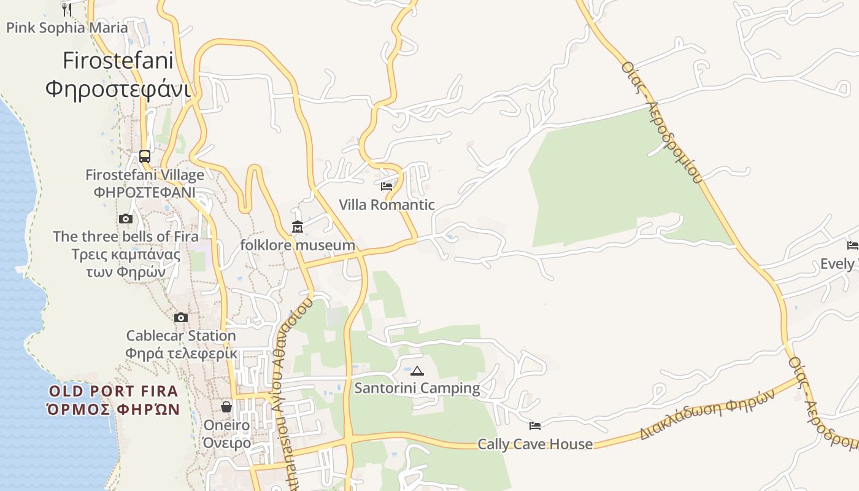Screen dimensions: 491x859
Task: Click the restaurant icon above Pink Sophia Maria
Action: (x=67, y=9)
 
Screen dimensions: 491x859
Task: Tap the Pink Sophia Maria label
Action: (x=67, y=28)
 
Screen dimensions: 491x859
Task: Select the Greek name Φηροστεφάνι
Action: (x=118, y=89)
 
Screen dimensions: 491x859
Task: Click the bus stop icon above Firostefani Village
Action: (x=145, y=157)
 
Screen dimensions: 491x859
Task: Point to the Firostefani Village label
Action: (x=145, y=175)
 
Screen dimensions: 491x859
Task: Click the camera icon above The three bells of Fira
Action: (x=126, y=218)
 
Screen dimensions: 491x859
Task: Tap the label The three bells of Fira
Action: (x=126, y=236)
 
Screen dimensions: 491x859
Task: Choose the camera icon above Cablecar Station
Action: (x=181, y=317)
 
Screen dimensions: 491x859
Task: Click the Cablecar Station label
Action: (x=181, y=336)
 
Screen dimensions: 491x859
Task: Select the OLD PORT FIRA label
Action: (x=114, y=391)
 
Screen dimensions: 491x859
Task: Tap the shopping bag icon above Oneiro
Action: (x=226, y=407)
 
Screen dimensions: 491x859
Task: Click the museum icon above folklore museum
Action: (x=298, y=227)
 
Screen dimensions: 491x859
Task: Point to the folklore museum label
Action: (x=298, y=245)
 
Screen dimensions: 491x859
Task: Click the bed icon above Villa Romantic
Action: (x=387, y=186)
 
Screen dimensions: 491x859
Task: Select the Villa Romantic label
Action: (x=387, y=204)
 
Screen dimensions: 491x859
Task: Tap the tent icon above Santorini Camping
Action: (x=417, y=370)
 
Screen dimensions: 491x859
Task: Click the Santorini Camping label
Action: (x=417, y=388)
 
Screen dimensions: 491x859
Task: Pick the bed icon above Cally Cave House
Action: (x=535, y=425)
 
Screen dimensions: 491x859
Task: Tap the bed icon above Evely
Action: (x=852, y=245)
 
